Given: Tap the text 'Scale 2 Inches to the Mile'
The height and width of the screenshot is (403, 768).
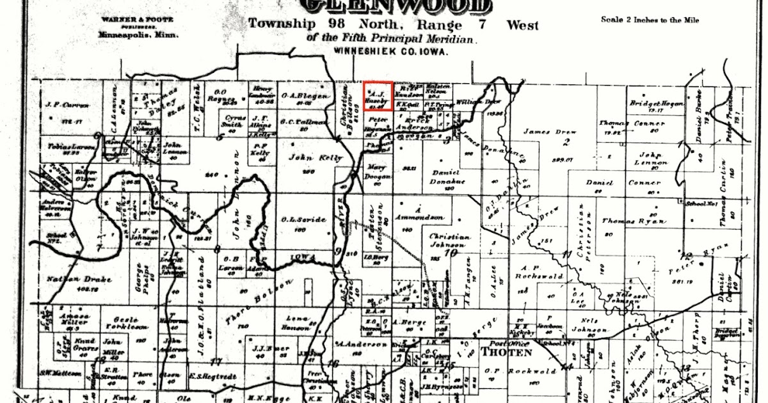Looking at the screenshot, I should point(650,20).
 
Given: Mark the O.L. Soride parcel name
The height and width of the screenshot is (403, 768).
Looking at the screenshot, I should point(303,220).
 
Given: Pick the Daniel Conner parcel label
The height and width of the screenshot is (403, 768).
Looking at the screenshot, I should point(624,182).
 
